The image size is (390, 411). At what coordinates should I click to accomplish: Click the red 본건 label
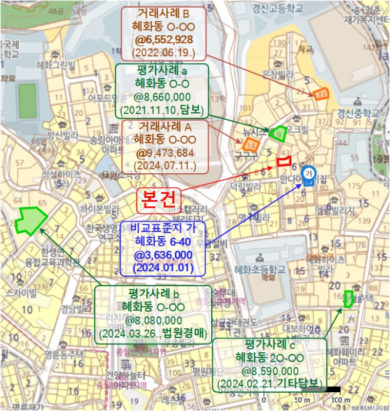point(159,199)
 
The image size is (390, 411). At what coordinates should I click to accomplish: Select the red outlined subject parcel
point(285,159)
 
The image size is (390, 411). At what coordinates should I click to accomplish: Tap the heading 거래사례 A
point(165,126)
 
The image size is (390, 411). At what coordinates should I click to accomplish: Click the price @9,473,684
point(165,153)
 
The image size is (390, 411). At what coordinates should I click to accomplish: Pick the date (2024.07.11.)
point(165,166)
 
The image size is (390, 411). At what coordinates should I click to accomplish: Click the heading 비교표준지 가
point(163,228)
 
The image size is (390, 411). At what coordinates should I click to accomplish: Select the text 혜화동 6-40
point(163,241)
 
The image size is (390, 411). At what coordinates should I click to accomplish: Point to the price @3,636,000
point(163,254)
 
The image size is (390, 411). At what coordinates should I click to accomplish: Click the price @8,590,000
point(270,371)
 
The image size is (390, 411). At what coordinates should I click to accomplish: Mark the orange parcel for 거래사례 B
point(321,93)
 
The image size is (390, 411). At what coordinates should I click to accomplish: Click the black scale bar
point(333,389)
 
